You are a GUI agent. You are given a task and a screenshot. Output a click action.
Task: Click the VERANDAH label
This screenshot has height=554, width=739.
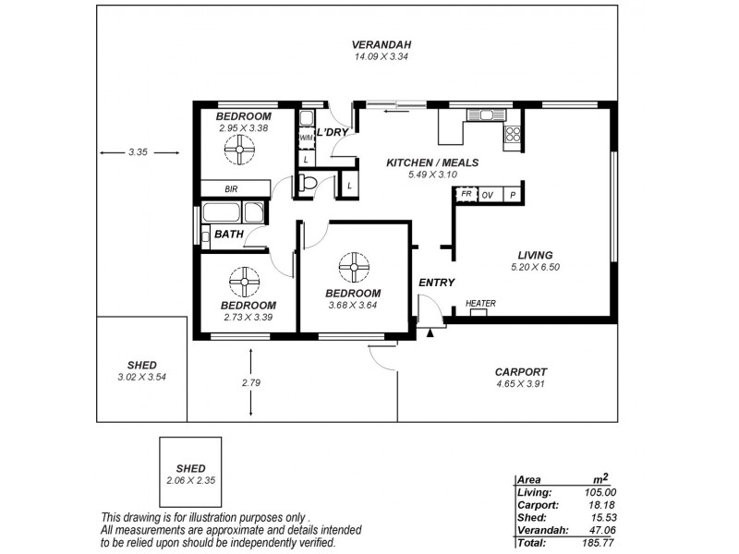click(x=382, y=44)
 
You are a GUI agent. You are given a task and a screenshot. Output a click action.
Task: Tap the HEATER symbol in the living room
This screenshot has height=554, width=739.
click(x=480, y=311)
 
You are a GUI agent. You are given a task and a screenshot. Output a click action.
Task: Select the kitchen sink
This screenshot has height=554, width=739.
click(x=481, y=115)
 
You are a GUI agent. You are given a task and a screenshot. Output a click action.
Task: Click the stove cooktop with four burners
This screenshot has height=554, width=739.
click(x=513, y=135)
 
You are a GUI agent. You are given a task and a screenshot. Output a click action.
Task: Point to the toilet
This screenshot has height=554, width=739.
click(x=308, y=184)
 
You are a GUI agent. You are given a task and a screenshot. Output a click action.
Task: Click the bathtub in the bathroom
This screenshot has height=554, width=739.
click(x=234, y=212)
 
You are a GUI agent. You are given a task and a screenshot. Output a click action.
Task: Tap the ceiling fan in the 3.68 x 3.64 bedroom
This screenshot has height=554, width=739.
click(x=354, y=268)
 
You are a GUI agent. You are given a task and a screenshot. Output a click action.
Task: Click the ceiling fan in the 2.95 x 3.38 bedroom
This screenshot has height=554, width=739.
click(x=241, y=150)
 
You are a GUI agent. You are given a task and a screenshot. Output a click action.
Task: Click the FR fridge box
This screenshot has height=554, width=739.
click(x=466, y=195)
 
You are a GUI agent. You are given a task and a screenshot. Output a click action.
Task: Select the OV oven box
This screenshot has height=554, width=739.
click(x=487, y=195)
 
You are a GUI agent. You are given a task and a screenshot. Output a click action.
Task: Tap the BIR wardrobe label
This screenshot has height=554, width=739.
click(x=231, y=189)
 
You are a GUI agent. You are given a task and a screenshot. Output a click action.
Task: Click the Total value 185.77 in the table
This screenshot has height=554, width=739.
click(x=594, y=544)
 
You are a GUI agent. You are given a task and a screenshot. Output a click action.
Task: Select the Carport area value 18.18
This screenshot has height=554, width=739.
click(x=596, y=505)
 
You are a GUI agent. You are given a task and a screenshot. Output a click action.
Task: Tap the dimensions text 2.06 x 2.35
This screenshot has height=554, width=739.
click(x=191, y=481)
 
